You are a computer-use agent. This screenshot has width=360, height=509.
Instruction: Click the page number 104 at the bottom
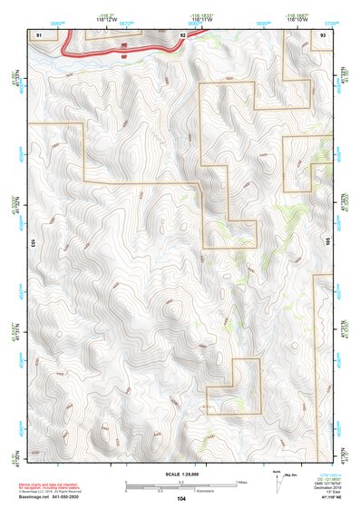181,499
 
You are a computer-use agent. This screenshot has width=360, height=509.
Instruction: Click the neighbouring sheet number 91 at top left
39,34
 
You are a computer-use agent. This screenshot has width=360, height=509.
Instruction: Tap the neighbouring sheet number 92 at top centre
182,34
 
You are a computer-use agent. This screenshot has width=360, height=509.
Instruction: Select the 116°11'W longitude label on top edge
214,19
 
